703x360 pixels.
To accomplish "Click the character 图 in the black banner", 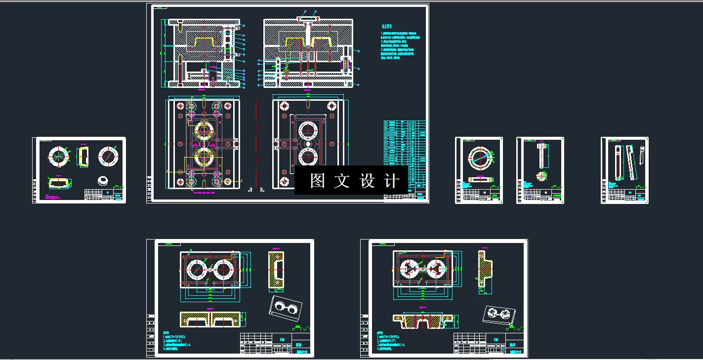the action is click(318, 181).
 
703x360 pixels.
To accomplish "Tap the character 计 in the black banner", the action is click(391, 181).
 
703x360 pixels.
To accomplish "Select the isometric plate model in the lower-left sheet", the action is click(286, 307).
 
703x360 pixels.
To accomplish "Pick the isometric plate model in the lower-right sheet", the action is click(499, 315).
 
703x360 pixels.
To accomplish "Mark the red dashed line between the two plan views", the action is click(256, 143).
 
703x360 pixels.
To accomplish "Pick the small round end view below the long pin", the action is click(542, 176).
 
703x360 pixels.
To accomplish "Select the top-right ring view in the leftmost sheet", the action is click(109, 156).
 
